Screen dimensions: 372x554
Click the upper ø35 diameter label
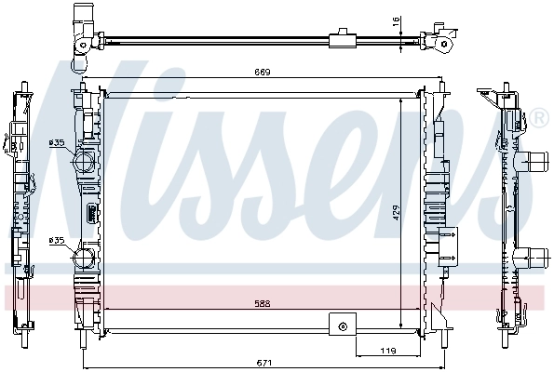click(x=56, y=142)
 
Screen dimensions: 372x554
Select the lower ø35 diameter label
click(x=56, y=240)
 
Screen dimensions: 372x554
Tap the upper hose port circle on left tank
click(x=85, y=161)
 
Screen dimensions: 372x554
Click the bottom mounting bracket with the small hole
click(x=343, y=325)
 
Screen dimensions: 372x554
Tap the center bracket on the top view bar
click(x=344, y=38)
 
